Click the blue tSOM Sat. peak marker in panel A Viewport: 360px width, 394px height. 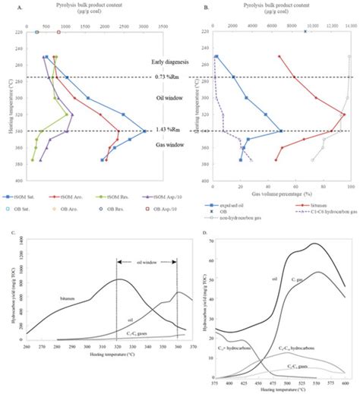tap(144, 131)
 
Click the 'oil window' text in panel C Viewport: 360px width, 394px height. tap(147, 243)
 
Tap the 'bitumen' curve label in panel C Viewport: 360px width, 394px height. tap(70, 300)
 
